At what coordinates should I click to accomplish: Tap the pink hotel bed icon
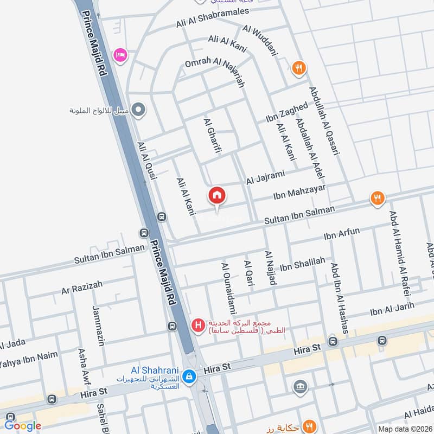click(x=120, y=55)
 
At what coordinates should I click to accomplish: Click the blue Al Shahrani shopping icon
click(x=189, y=375)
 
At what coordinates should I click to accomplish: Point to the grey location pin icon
click(x=139, y=110)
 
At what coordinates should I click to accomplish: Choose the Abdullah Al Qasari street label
click(x=324, y=122)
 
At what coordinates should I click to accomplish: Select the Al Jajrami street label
click(x=265, y=177)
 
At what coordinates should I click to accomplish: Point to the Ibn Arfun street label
click(x=341, y=234)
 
